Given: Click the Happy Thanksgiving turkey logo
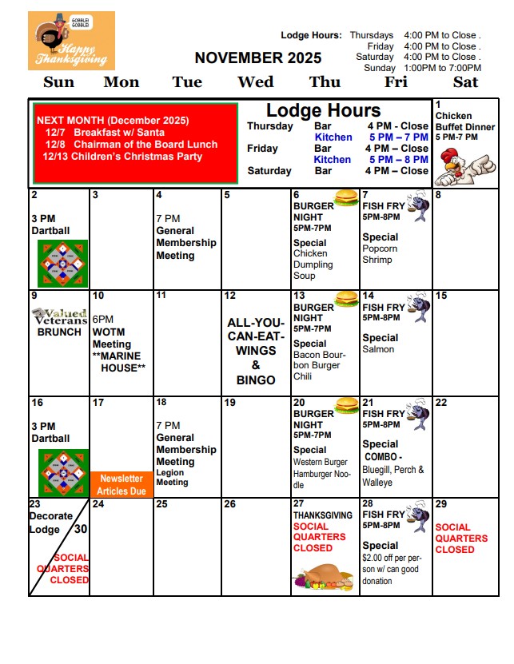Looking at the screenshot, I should (71, 41).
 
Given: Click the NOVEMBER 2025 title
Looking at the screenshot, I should (258, 58).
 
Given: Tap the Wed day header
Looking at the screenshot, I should (256, 82).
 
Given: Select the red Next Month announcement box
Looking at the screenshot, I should (134, 144).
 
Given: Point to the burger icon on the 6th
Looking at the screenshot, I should (346, 197).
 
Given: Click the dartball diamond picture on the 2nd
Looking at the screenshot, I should (62, 264).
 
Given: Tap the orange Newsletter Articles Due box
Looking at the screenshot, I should (122, 485).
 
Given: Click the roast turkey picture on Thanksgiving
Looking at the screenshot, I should (323, 579).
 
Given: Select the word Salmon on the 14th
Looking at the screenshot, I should (378, 349).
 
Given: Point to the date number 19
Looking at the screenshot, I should (230, 403).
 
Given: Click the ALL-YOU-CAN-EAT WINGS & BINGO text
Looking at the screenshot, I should (256, 351).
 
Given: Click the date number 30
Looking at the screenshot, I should (80, 528).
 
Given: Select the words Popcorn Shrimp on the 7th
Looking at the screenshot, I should (379, 254).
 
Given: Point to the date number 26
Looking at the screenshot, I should (230, 504).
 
